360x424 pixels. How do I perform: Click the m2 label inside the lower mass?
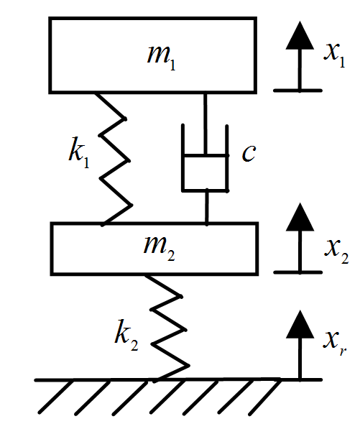160,248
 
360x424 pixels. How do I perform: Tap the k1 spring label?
79,153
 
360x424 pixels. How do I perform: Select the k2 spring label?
126,336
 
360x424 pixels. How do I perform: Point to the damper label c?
249,154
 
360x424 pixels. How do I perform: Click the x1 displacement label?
335,55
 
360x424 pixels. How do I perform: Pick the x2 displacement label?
336,252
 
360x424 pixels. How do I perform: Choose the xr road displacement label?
335,343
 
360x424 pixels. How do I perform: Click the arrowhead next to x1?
300,35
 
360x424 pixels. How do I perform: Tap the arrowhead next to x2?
300,217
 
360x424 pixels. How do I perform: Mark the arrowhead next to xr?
300,324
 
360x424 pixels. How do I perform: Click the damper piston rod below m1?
206,124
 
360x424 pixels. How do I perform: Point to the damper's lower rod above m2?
207,207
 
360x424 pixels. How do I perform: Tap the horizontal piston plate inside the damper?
206,155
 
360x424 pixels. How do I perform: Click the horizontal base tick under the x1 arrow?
297,91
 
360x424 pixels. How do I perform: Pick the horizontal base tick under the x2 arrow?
297,272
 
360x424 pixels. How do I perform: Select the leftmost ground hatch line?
55,397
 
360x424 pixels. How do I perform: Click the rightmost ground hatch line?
264,397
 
